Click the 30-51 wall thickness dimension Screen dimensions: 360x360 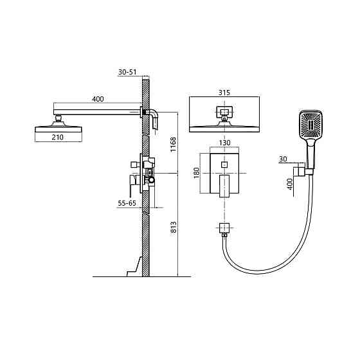pyautogui.click(x=127, y=72)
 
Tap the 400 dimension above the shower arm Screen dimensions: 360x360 pyautogui.click(x=98, y=99)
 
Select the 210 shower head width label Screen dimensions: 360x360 pyautogui.click(x=58, y=137)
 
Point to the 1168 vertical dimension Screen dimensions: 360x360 pyautogui.click(x=173, y=144)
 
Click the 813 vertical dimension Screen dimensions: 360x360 pyautogui.click(x=174, y=227)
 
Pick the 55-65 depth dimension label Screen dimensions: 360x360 pyautogui.click(x=127, y=203)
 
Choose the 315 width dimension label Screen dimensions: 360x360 pyautogui.click(x=224, y=93)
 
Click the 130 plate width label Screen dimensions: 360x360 pyautogui.click(x=224, y=143)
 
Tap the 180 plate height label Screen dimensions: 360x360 pyautogui.click(x=196, y=173)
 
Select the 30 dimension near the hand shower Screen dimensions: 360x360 pyautogui.click(x=283, y=159)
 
